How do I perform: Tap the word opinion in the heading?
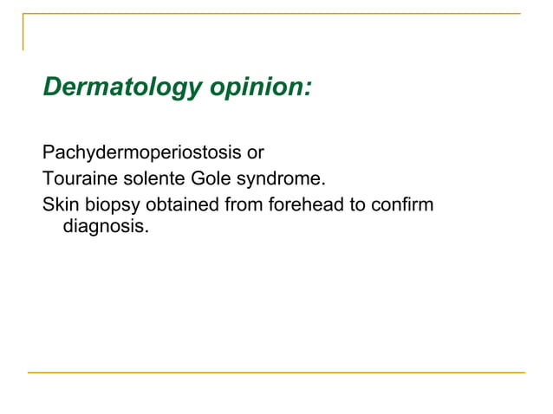253,88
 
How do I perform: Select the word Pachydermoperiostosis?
142,154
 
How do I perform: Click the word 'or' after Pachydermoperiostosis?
255,154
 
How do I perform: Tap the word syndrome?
280,181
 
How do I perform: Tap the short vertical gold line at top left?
23,32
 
